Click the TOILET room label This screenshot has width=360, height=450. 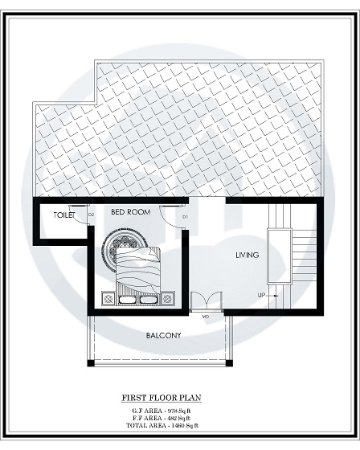pyautogui.click(x=64, y=215)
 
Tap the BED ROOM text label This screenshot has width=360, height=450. pyautogui.click(x=130, y=212)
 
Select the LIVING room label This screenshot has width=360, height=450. pyautogui.click(x=247, y=256)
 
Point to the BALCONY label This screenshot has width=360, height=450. pyautogui.click(x=163, y=335)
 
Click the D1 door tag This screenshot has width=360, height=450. pyautogui.click(x=185, y=217)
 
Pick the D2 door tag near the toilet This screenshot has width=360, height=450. pyautogui.click(x=91, y=215)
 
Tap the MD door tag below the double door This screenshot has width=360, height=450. pyautogui.click(x=206, y=317)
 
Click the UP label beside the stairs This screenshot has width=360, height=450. pyautogui.click(x=261, y=295)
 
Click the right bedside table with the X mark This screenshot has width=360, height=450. pyautogui.click(x=167, y=299)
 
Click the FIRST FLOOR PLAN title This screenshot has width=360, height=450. pyautogui.click(x=161, y=398)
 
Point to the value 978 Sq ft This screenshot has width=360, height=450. pyautogui.click(x=183, y=411)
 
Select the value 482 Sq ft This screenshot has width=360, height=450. pyautogui.click(x=183, y=418)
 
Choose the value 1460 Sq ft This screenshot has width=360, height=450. pyautogui.click(x=185, y=425)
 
